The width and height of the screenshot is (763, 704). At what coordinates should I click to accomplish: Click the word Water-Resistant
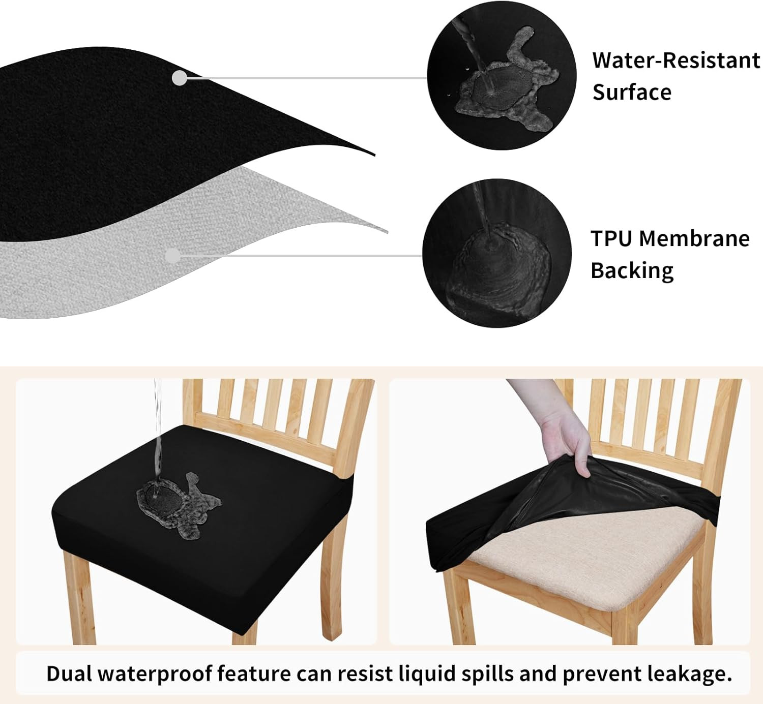(676, 60)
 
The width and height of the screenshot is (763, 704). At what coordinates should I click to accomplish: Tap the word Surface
(632, 92)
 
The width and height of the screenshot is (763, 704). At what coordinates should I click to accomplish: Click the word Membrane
(694, 238)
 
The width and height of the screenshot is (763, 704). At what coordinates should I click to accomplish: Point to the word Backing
(632, 271)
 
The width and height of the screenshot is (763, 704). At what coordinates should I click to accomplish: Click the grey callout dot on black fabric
(180, 78)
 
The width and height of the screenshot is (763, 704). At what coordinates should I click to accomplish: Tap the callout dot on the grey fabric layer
(173, 256)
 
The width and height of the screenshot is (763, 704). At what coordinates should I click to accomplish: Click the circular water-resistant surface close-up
(502, 75)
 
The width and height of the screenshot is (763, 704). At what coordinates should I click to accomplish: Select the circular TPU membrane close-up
(497, 253)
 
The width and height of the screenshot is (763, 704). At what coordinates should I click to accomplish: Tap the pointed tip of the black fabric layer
(374, 155)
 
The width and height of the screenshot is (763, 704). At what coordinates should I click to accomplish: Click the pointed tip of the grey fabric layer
(387, 232)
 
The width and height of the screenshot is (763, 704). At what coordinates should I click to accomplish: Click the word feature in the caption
(253, 674)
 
